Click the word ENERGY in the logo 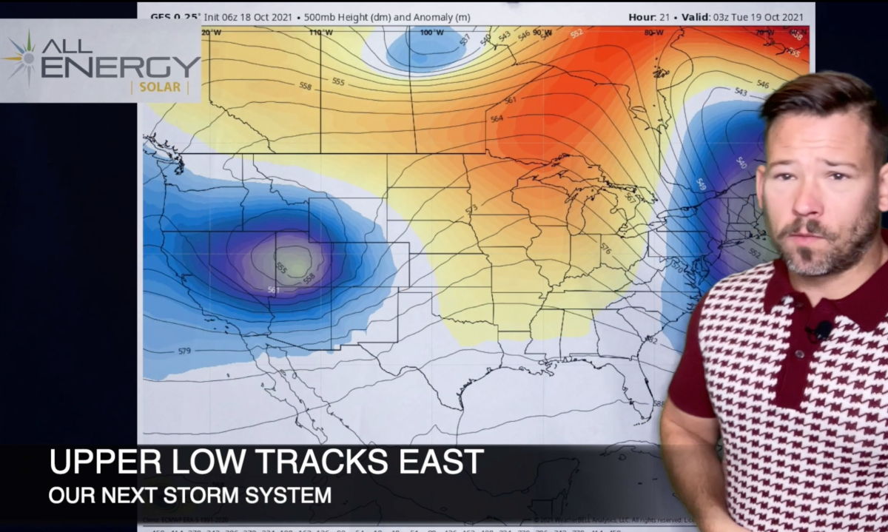pos(121,67)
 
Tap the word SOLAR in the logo pos(159,88)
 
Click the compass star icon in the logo pos(22,57)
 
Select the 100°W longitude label pos(431,33)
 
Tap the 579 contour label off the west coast pos(186,350)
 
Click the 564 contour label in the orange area pos(497,118)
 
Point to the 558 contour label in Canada pos(305,87)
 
